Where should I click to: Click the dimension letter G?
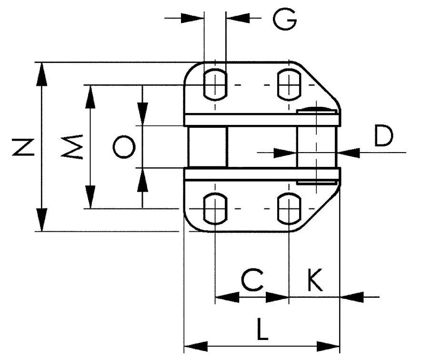click(285, 19)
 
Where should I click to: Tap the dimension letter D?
click(383, 136)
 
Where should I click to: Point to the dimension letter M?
click(75, 146)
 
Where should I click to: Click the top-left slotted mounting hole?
click(215, 84)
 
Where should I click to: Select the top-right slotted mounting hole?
click(289, 84)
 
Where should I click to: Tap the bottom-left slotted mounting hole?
click(215, 208)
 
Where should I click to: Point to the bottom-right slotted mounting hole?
click(289, 208)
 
